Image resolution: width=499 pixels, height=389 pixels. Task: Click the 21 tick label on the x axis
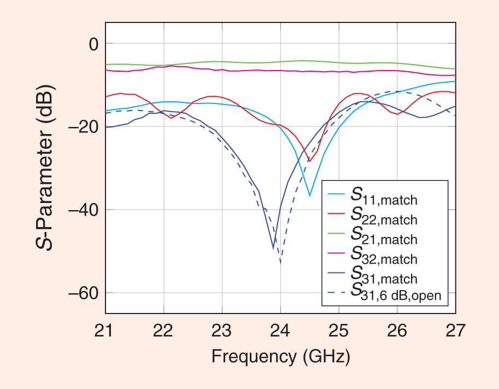point(105,330)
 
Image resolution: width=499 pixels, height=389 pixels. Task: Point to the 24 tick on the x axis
point(280,330)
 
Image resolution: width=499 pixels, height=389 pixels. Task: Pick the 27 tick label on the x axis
point(455,330)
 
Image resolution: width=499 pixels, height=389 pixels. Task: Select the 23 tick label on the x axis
point(222,330)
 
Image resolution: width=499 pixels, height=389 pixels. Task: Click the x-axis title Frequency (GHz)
point(280,357)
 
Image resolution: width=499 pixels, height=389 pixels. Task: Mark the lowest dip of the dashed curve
point(280,263)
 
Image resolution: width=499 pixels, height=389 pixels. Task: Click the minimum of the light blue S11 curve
point(310,195)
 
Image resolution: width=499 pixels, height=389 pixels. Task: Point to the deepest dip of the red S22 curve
point(309,161)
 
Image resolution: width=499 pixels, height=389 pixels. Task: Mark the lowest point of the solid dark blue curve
point(273,248)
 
